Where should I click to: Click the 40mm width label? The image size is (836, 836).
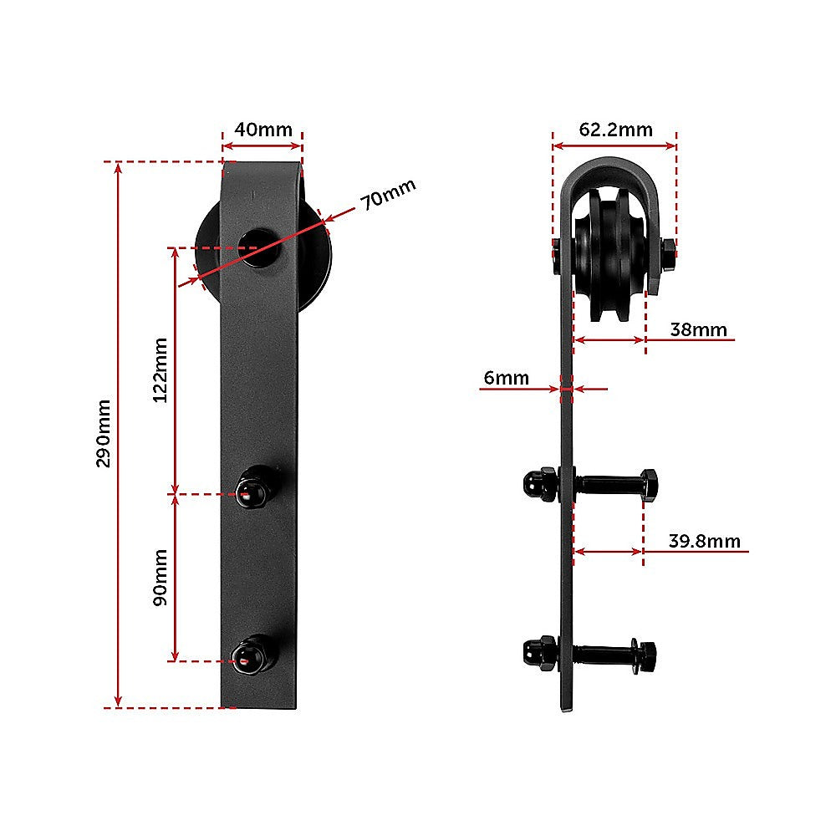point(263,130)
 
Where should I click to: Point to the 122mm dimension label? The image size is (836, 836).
point(161,370)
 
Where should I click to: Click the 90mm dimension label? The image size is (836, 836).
point(161,577)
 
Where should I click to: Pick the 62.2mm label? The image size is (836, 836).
point(615,130)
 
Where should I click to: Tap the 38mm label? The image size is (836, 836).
point(699,329)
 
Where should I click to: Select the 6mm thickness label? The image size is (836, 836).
point(507,378)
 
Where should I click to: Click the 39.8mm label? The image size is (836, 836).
point(704,541)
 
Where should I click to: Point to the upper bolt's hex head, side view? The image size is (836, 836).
point(648,485)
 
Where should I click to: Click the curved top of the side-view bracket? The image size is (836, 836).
point(614,166)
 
